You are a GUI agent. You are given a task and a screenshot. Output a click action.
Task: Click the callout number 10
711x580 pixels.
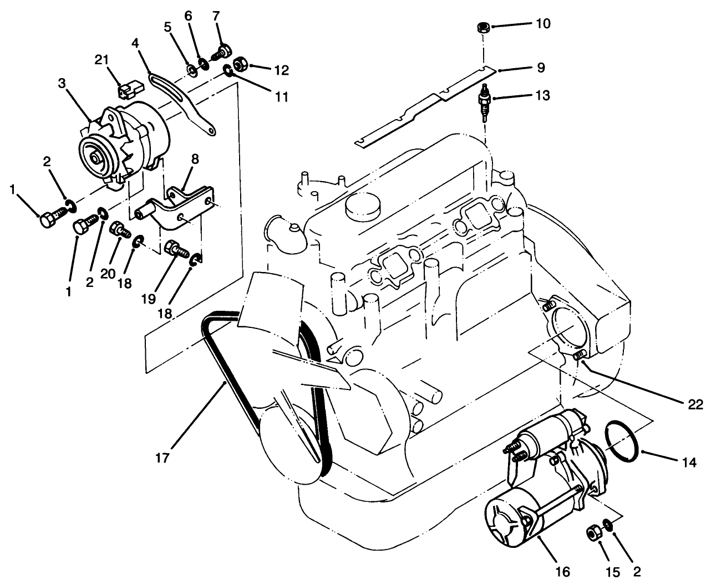543,25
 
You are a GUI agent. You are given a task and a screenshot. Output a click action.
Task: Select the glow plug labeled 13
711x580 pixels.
486,100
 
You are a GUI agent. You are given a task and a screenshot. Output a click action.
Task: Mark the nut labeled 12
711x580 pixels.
241,64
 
